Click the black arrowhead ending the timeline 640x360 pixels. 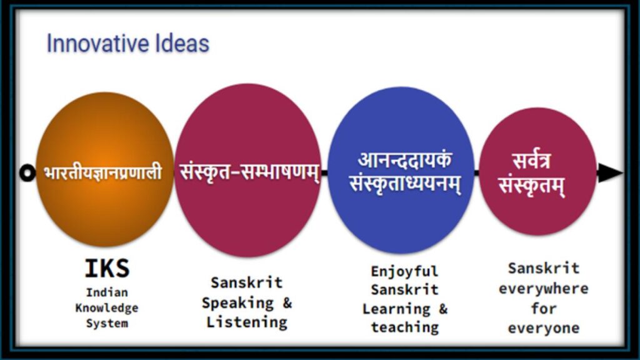[610, 173]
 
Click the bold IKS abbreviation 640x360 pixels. [107, 269]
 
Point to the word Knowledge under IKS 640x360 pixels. [107, 308]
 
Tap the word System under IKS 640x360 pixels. [107, 323]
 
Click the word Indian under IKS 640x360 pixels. [107, 292]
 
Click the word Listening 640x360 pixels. [247, 322]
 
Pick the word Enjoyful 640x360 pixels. [404, 271]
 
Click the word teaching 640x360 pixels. [404, 327]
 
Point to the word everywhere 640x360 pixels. [543, 289]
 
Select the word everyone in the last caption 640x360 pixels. [543, 328]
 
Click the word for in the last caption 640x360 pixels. [543, 309]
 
